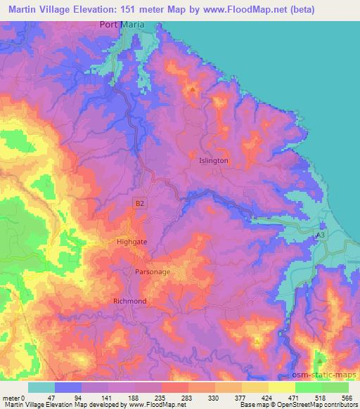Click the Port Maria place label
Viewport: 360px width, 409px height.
(122, 25)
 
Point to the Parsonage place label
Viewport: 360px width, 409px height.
(152, 271)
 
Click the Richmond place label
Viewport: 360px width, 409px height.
(130, 301)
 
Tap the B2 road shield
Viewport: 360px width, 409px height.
(141, 203)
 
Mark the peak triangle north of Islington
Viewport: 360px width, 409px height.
(192, 90)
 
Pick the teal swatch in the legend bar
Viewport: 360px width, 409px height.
(41, 387)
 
